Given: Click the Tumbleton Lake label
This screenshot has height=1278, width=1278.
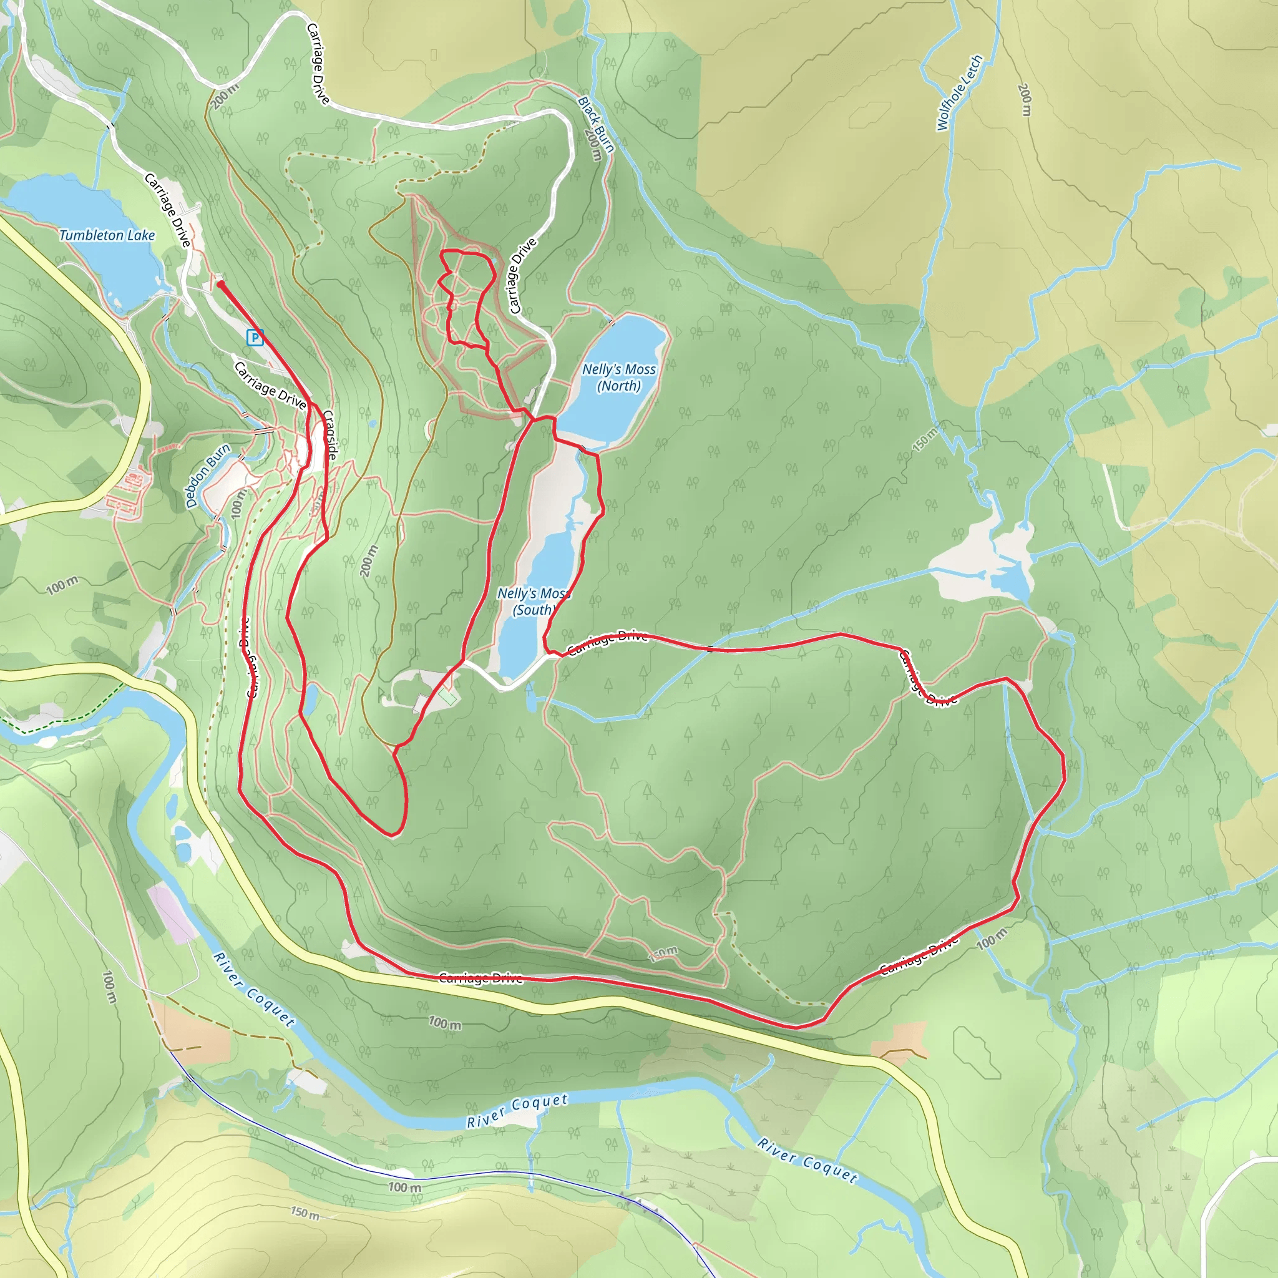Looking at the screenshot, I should (x=107, y=235).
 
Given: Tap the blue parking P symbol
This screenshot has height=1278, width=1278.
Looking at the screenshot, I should (x=255, y=338).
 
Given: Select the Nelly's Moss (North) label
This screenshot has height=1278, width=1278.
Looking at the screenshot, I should (x=618, y=377).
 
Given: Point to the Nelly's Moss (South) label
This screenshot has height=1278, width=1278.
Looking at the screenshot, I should (x=533, y=602).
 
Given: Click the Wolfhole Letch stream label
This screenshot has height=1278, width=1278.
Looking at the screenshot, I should (x=959, y=92).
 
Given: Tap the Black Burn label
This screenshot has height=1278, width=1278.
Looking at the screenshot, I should (x=596, y=123).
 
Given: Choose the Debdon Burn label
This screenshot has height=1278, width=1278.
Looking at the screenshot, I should (x=207, y=475).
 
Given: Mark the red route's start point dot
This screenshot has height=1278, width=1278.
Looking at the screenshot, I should (x=220, y=285).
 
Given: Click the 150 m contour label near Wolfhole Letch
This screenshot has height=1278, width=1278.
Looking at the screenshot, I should (x=925, y=440).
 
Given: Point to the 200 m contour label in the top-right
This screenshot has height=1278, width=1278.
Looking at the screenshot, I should (x=1025, y=99).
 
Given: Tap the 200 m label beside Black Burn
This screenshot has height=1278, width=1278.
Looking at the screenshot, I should (x=593, y=145).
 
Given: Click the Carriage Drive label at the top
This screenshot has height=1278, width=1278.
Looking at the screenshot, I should (x=318, y=64).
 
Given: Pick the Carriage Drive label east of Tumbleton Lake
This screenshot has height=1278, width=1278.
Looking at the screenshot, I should (x=167, y=210).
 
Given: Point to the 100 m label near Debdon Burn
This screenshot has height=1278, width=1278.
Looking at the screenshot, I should (x=238, y=504).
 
